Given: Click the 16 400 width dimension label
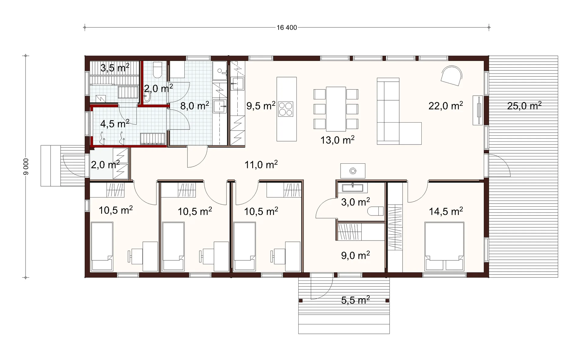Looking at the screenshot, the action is coord(287,28).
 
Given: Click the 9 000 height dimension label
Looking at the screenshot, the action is coord(26,167).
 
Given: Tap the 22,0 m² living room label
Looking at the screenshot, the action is coord(446,105).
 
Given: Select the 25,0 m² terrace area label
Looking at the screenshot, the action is coord(524,105).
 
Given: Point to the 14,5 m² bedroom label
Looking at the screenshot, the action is coord(446,211).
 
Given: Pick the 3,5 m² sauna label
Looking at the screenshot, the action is coord(115,68).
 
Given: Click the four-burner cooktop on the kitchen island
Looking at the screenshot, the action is coord(286,109).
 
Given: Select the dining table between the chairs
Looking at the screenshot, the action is coord(336,109).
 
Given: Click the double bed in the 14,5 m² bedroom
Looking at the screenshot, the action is coord(445,246).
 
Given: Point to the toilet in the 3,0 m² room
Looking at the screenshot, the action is coord(376,211).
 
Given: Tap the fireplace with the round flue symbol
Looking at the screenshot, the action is coord(353,171).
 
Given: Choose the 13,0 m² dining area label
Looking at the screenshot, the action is coord(337,140).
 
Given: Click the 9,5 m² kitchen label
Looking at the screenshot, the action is coord(261,105).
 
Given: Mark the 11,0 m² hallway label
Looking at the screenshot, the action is coord(261,165).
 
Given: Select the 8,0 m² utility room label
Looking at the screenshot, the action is coord(195,105).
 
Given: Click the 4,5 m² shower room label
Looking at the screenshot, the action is coord(115,123).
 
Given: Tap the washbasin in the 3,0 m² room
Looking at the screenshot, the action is coord(353,187).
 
